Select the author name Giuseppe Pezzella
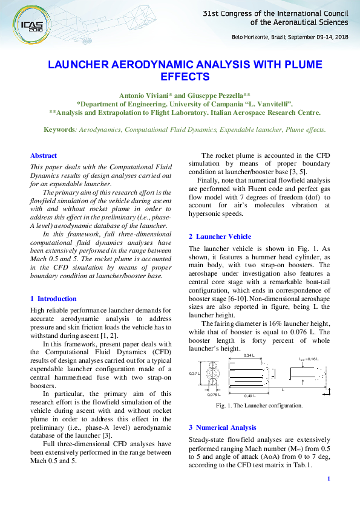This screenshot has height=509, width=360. pyautogui.click(x=217, y=96)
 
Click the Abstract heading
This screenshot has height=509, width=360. pyautogui.click(x=44, y=155)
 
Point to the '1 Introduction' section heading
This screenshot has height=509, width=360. pyautogui.click(x=53, y=299)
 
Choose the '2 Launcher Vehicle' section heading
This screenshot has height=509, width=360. pyautogui.click(x=220, y=236)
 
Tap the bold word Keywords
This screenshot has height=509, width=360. pyautogui.click(x=60, y=129)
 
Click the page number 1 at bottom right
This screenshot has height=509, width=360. pyautogui.click(x=327, y=479)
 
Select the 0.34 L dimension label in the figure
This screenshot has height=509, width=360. pyautogui.click(x=249, y=356)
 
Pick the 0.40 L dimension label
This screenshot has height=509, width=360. pyautogui.click(x=249, y=395)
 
